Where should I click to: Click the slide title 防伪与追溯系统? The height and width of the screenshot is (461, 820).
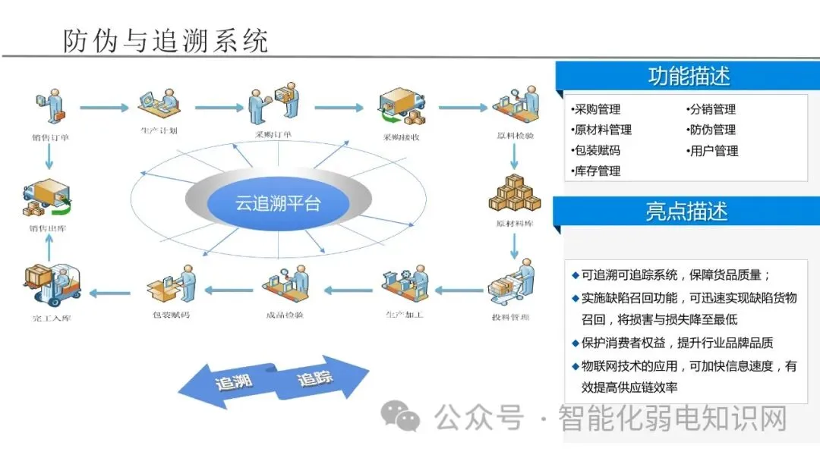[166, 40]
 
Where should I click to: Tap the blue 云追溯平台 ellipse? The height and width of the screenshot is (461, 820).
[278, 203]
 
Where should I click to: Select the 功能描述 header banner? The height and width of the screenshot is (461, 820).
[689, 77]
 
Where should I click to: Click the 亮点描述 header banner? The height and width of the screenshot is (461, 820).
[687, 212]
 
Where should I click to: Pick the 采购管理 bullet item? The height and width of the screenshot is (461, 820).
[597, 109]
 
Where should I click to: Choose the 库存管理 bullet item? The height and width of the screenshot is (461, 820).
[597, 171]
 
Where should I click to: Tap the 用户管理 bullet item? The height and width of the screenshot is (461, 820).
[712, 151]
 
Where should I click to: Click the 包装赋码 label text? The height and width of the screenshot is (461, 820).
[172, 314]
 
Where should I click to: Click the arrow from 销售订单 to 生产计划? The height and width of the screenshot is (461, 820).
[104, 108]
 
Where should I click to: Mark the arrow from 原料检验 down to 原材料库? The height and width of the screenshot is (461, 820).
[514, 155]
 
